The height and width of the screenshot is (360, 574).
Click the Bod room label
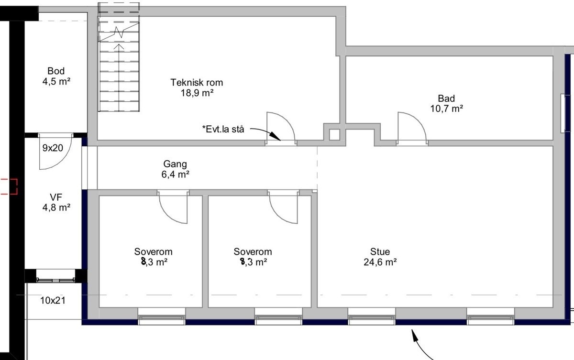[x=56, y=71]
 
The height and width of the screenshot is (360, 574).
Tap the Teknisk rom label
[x=197, y=83]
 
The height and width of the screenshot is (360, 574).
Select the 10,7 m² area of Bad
[x=446, y=109]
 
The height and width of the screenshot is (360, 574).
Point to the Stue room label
[x=380, y=251]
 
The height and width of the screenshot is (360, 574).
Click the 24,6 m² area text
[x=380, y=262]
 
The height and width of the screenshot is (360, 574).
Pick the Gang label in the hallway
[x=174, y=164]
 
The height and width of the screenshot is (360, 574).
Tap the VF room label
[x=56, y=196]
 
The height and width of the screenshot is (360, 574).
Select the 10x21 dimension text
[x=53, y=301]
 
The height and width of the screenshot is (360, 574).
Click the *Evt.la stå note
[x=223, y=129]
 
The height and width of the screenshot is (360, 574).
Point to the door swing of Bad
[x=410, y=127]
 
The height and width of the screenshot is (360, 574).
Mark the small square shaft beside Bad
[x=334, y=134]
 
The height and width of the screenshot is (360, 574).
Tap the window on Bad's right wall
[x=563, y=113]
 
